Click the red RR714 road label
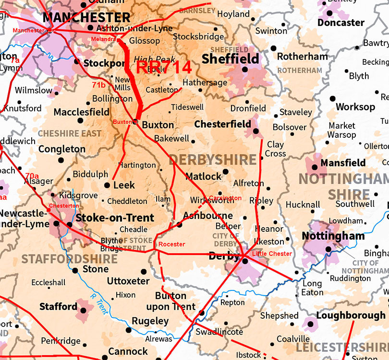click(164, 67)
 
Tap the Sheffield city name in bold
click(231, 59)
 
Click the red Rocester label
click(171, 244)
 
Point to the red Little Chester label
click(272, 253)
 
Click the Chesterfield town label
click(222, 124)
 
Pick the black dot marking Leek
click(107, 185)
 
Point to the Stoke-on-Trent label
click(115, 218)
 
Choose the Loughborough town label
click(351, 315)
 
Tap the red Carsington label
click(225, 198)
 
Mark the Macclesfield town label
click(81, 112)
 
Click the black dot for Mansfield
click(315, 168)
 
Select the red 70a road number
click(33, 176)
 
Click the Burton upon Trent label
click(175, 301)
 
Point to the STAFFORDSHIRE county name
click(69, 259)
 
